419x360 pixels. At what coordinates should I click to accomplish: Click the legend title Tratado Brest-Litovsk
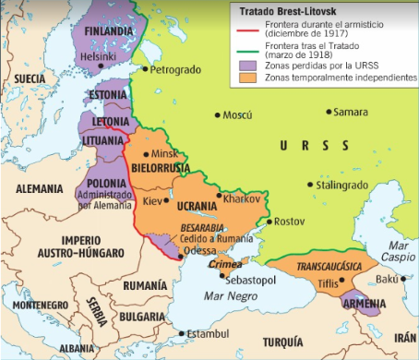coord(286,10)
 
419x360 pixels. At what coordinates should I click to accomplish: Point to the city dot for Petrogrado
coord(146,69)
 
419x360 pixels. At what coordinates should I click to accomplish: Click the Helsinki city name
coord(99,56)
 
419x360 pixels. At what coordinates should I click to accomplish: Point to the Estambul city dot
coord(181,332)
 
